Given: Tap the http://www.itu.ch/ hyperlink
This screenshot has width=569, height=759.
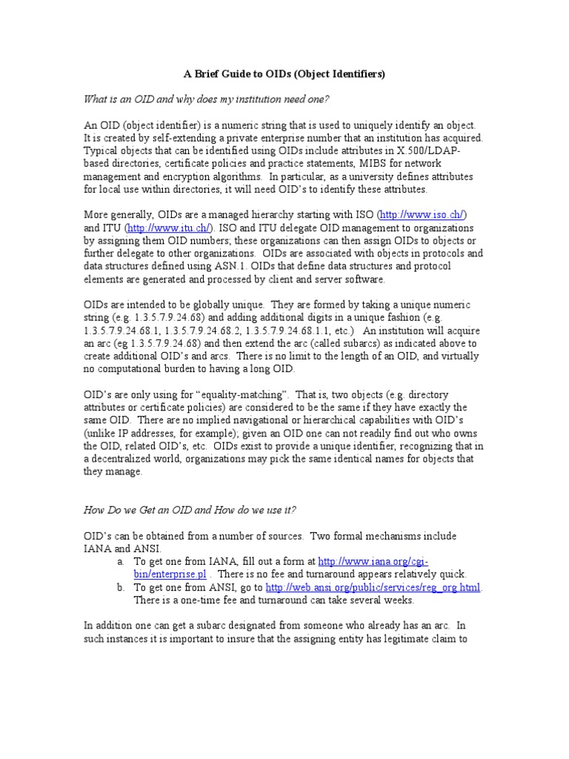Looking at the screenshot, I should coord(168,228).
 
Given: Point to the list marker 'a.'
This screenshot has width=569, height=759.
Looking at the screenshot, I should coord(120,561).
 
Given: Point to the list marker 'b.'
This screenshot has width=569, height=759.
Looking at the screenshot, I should coord(120,587).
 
